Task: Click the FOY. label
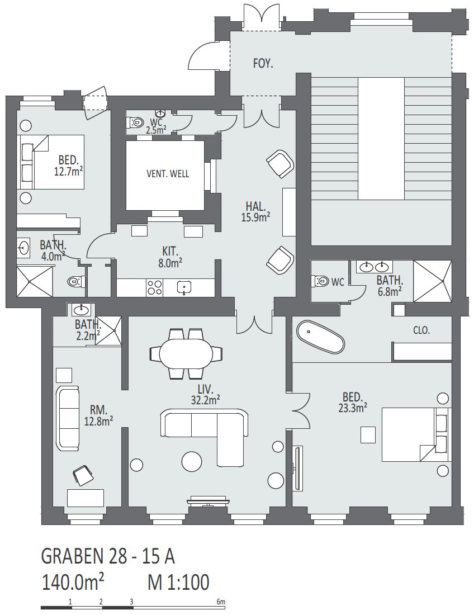pos(263,64)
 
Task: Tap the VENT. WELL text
pos(168,174)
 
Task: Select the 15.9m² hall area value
pos(255,217)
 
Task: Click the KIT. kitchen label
pos(170,250)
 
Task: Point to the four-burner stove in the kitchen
pos(154,287)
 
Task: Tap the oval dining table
pos(186,353)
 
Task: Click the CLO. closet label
pos(421,330)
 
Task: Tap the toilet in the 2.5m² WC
pos(135,122)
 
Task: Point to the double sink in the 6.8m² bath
pos(373,267)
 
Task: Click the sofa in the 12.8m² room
pos(68,418)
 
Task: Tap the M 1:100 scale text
pos(178,583)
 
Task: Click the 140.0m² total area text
pos(73,583)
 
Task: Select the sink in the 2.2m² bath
pos(81,310)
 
